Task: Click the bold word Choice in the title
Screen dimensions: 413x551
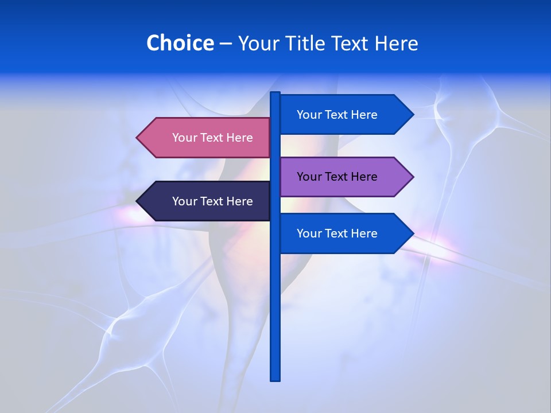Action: pos(180,43)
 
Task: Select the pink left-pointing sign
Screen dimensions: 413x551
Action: pos(204,138)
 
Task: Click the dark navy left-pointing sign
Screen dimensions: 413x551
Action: pos(204,201)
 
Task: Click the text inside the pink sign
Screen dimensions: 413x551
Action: pos(212,138)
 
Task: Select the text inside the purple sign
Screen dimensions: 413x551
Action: pos(337,177)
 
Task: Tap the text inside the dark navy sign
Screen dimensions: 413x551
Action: pos(212,201)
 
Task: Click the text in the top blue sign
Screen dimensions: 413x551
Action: pos(337,115)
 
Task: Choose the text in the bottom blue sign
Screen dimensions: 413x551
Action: pos(337,233)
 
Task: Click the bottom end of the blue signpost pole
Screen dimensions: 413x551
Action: pos(275,378)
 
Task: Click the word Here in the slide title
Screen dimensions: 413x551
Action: pos(396,43)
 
